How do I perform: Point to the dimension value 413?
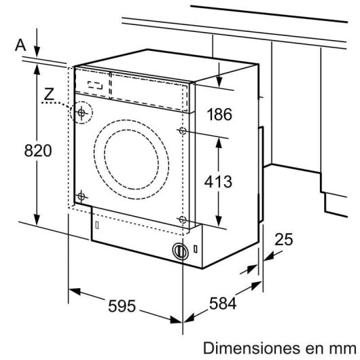pyautogui.click(x=219, y=181)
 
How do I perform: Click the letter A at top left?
pyautogui.click(x=21, y=45)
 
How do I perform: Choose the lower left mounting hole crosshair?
pyautogui.click(x=81, y=196)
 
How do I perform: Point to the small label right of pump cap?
pyautogui.click(x=197, y=250)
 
